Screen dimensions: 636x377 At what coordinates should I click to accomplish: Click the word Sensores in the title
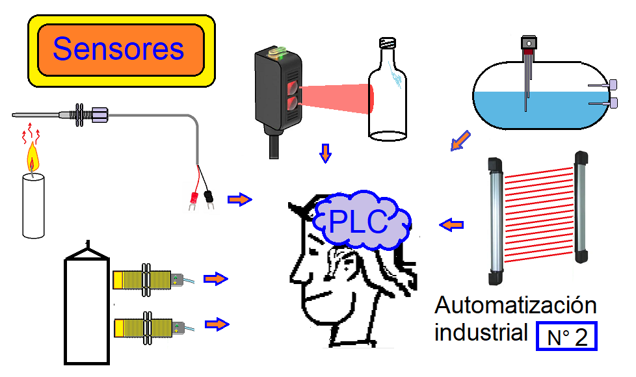point(118,49)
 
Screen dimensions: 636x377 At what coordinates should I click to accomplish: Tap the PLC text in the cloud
point(358,222)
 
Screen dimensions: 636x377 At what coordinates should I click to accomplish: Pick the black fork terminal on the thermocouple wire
point(209,199)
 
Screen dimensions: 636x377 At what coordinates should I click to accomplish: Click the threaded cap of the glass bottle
point(388,43)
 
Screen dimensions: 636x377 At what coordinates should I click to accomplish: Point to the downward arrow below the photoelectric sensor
point(325,153)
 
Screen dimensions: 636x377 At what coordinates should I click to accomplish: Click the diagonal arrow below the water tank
point(460,140)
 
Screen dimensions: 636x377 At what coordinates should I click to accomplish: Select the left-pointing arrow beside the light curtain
point(451,225)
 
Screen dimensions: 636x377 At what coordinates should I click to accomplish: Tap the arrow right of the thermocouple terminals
point(240,200)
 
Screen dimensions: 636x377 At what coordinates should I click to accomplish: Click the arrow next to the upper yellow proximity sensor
point(216,278)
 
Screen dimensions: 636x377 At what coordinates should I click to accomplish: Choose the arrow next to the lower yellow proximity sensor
point(217,324)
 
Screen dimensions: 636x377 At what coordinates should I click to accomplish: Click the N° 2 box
point(566,336)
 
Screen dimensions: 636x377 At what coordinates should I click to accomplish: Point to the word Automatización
point(516,305)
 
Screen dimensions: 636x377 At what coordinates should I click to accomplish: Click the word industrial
point(481,332)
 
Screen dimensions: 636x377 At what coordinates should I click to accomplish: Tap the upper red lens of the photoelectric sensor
point(292,88)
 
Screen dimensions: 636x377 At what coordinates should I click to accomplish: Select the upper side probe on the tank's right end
point(603,85)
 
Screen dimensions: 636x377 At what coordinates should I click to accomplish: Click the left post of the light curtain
point(496,221)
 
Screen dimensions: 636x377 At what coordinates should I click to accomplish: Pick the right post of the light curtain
point(581,207)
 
